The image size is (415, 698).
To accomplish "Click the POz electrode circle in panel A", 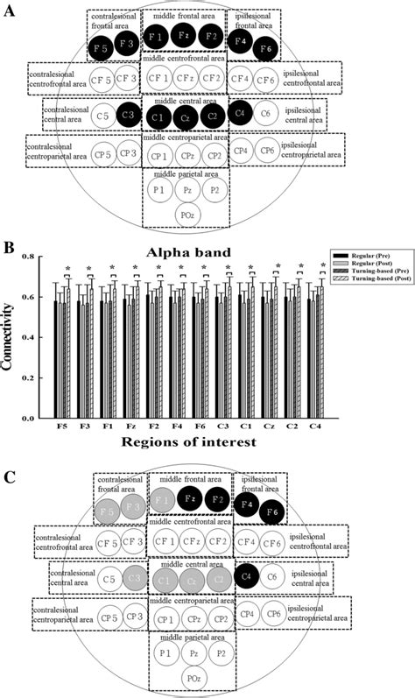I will [185, 215].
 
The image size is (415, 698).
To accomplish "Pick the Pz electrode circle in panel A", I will [186, 189].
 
